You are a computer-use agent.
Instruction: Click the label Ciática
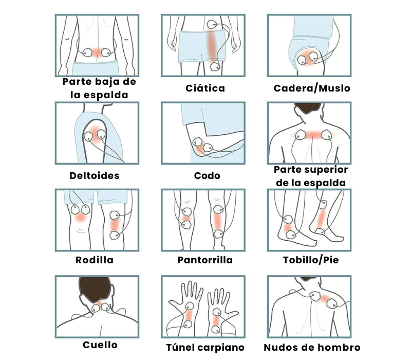tap(205, 88)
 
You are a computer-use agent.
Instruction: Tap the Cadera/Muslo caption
tap(312, 88)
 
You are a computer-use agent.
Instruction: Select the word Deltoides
tap(95, 175)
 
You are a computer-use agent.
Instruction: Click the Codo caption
tap(207, 175)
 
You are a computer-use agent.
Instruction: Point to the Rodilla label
tap(95, 260)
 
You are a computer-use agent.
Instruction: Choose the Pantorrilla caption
tap(205, 260)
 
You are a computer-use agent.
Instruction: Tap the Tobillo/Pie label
tap(311, 260)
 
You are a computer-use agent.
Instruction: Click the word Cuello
tap(100, 345)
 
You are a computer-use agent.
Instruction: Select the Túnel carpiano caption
tap(205, 348)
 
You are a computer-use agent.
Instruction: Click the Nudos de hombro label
tap(312, 348)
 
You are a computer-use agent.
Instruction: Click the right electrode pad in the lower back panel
tap(107, 52)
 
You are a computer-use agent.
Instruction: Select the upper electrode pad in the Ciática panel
tap(212, 24)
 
